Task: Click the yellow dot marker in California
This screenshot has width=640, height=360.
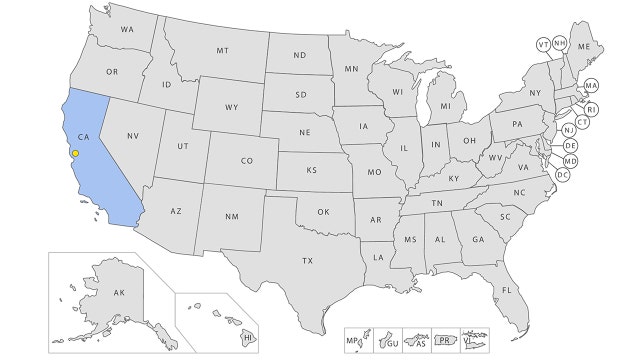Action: click(75, 153)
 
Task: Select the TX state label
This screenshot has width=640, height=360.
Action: click(308, 260)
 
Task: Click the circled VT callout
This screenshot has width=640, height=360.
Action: click(543, 45)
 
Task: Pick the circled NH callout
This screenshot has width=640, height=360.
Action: click(560, 44)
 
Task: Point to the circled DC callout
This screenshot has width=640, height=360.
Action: click(562, 175)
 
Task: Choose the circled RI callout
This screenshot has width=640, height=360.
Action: click(590, 109)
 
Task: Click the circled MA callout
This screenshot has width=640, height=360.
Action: click(591, 86)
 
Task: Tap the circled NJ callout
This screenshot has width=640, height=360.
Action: click(568, 131)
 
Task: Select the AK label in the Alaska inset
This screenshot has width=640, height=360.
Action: click(119, 292)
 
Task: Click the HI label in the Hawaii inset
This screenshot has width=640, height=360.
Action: click(247, 339)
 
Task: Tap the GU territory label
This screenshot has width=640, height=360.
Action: click(392, 342)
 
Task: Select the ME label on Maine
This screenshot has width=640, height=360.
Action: click(584, 47)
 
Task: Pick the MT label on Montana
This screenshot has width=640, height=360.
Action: click(222, 50)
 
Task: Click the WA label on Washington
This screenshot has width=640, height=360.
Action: click(127, 29)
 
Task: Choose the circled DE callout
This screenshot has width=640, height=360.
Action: click(571, 146)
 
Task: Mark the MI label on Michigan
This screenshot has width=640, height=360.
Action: click(445, 105)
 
